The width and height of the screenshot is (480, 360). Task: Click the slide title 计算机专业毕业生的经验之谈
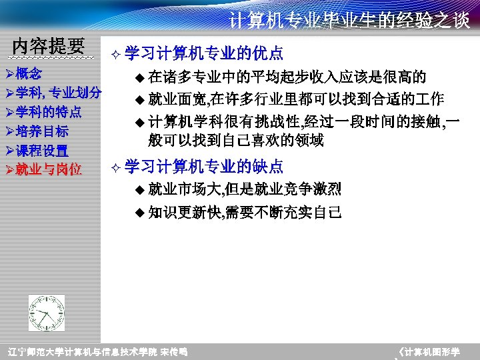pos(349,21)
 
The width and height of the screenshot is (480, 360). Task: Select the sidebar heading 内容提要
pos(49,46)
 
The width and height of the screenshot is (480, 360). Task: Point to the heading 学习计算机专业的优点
pos(203,53)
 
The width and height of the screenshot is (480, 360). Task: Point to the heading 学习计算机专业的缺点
pos(203,166)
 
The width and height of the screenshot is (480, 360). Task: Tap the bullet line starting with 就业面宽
pos(295,100)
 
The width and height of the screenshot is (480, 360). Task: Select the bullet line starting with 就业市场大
pos(244,189)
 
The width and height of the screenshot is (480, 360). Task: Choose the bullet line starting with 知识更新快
pos(244,213)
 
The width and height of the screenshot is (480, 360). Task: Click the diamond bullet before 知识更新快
pos(139,213)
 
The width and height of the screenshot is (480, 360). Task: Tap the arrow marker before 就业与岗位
pos(9,169)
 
